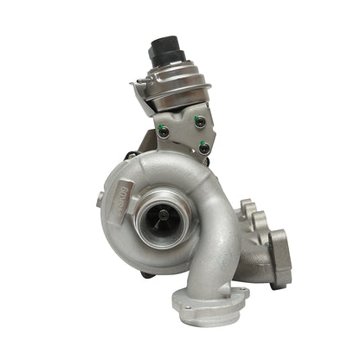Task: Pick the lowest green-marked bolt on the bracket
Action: coord(202,145)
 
